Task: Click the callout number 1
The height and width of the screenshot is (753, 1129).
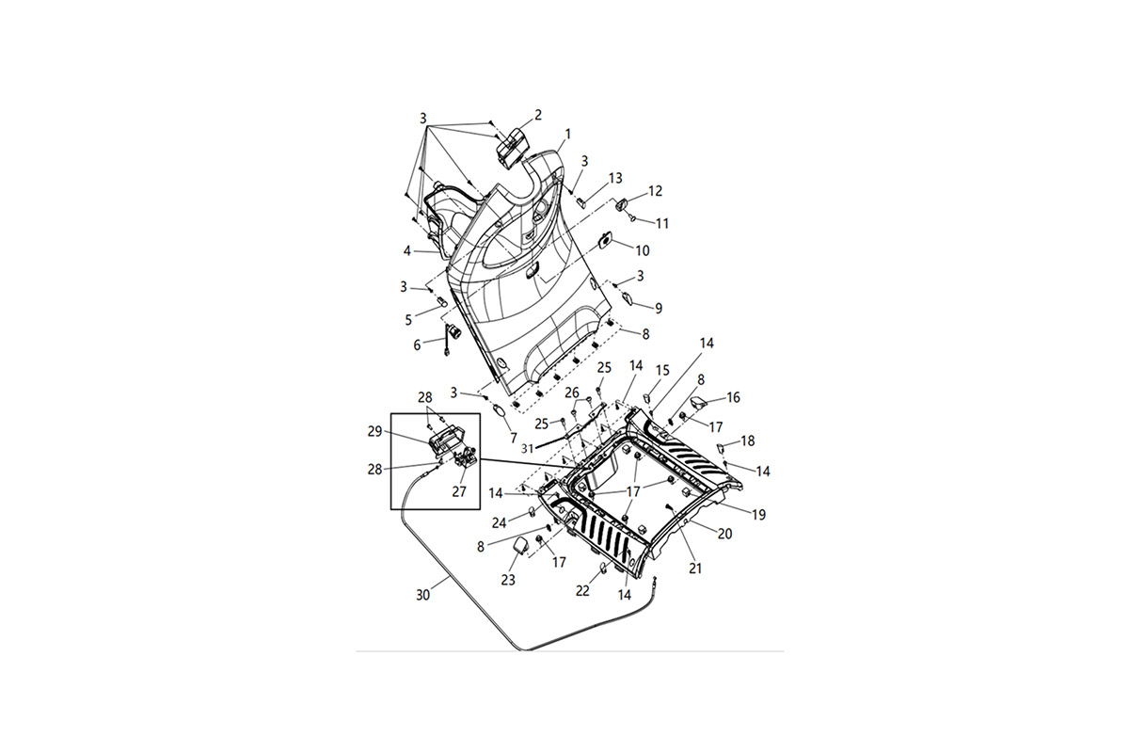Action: coord(568,135)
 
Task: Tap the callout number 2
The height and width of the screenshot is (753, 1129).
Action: coord(538,115)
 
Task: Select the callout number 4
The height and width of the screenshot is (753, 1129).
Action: coord(407,250)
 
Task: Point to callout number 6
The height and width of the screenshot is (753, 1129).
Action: coord(417,345)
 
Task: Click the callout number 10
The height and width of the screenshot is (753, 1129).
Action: coord(642,250)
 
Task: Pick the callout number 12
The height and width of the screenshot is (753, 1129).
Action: coord(655,191)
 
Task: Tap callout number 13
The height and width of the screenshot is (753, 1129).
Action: coord(615,178)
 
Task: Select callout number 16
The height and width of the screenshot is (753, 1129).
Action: coord(733,397)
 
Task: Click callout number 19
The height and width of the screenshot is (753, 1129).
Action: coord(758,515)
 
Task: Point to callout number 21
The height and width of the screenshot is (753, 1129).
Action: coord(695,568)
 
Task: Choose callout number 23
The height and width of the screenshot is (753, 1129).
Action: coord(508,580)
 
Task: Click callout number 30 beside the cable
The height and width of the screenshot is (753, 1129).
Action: coord(422,595)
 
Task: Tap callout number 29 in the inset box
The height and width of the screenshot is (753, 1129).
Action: coord(375,432)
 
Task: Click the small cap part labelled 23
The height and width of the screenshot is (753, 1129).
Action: coord(520,546)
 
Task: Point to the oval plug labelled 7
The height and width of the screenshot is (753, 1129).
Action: coord(500,411)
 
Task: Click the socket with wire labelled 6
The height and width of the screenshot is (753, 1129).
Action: coord(451,339)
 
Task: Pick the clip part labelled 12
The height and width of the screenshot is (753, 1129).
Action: coord(622,205)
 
